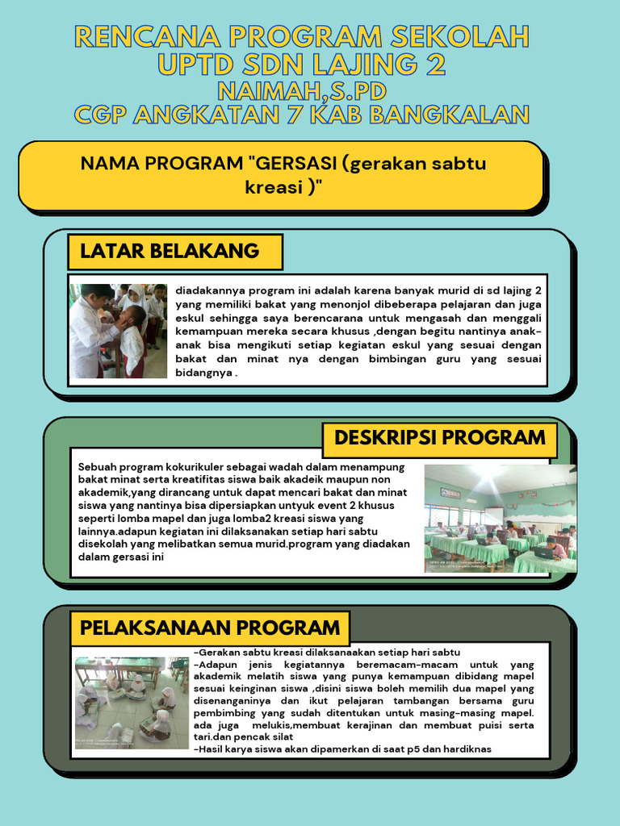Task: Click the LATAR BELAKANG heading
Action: coord(170,251)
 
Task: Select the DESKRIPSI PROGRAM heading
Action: coord(439,438)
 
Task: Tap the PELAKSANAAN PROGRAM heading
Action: coord(209,628)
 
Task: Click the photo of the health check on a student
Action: coord(118,331)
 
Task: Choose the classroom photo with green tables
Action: coord(500,518)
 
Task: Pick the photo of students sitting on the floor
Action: coord(132,702)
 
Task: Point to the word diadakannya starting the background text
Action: coord(212,290)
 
